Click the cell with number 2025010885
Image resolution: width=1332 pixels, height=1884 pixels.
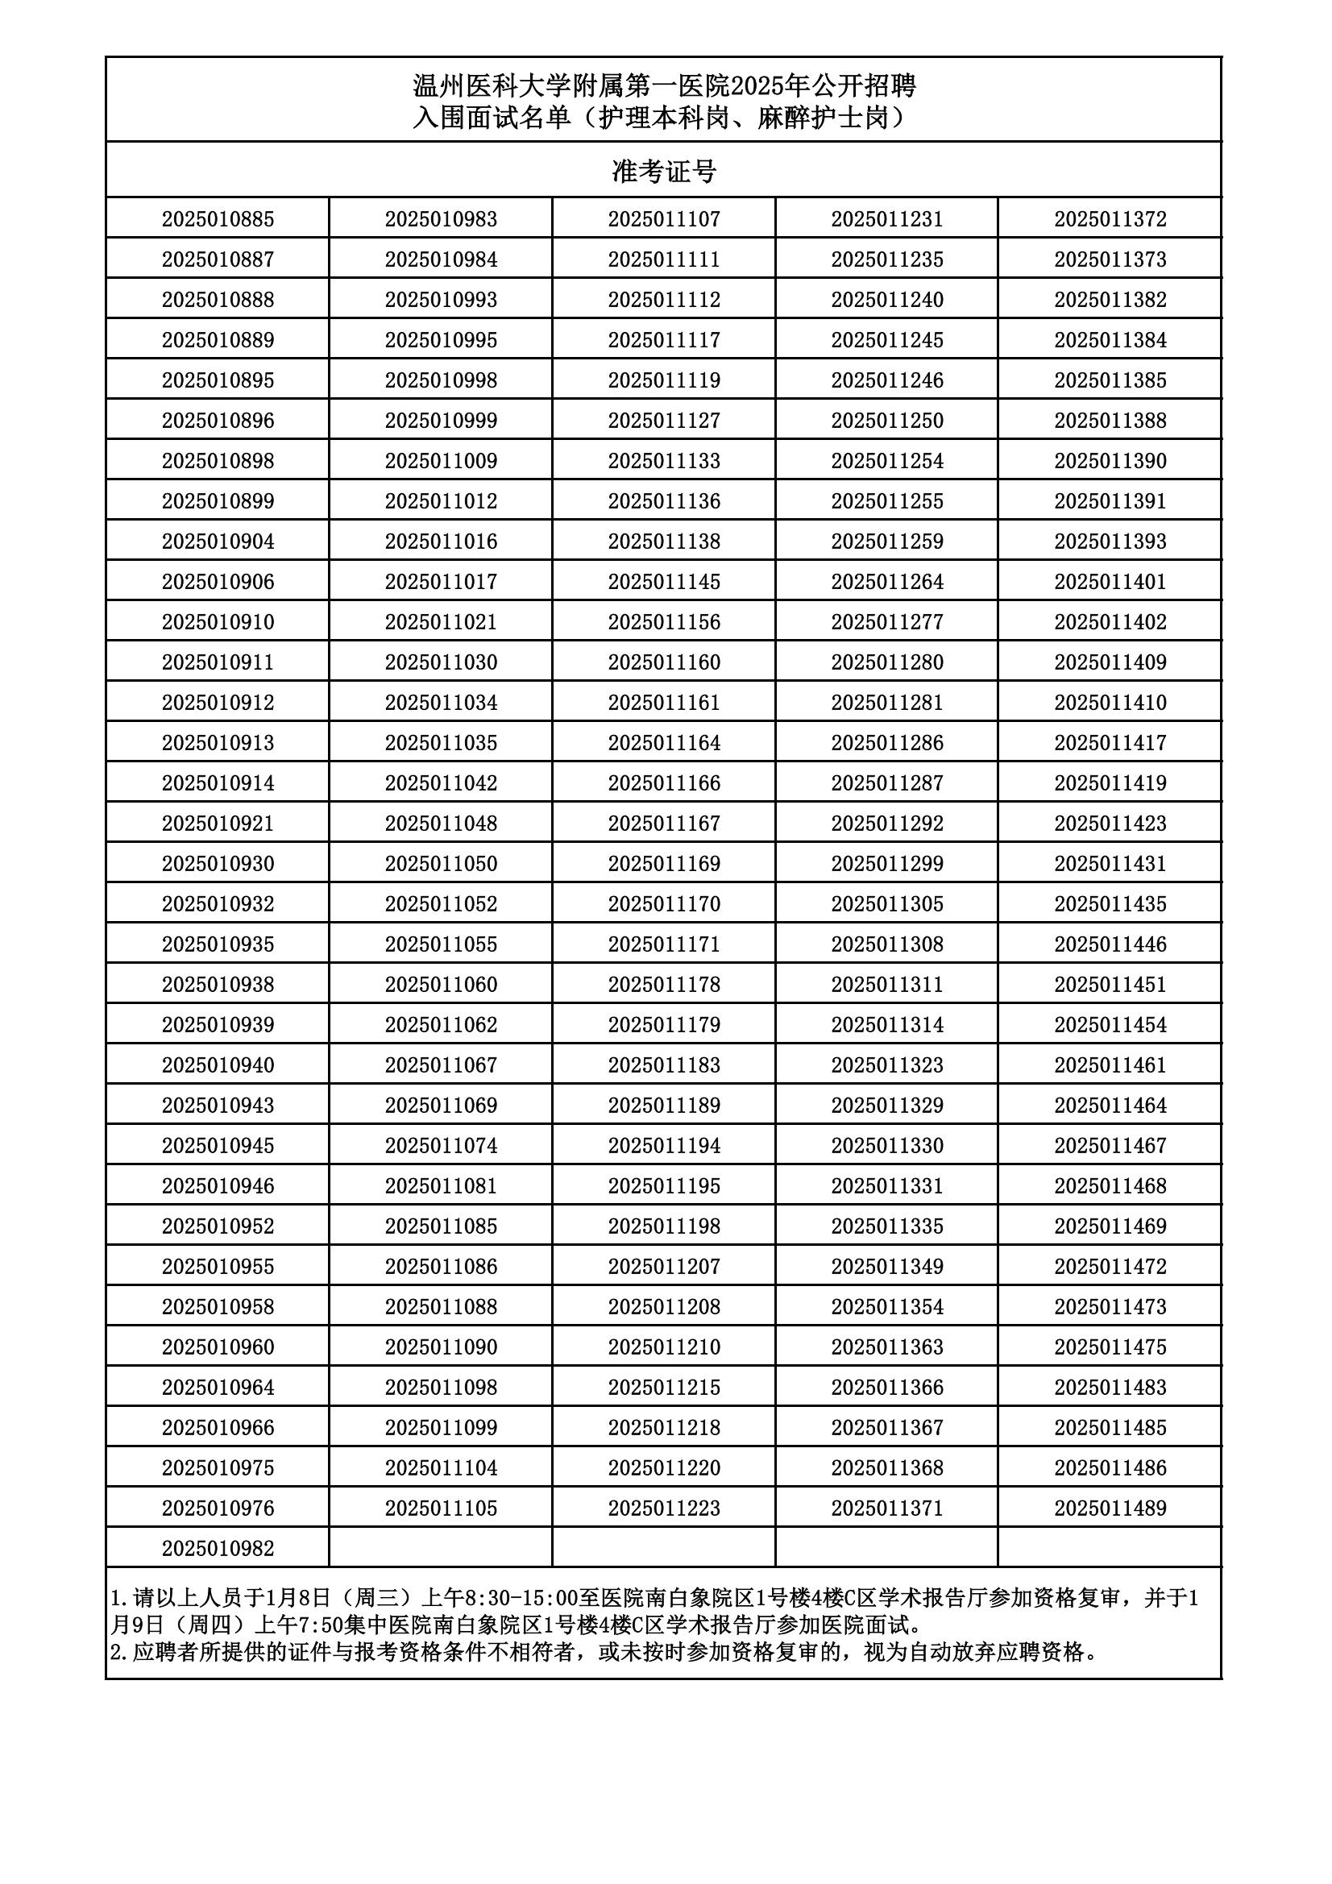218,219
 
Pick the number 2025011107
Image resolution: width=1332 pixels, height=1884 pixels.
664,219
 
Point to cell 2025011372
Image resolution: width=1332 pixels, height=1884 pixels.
1110,219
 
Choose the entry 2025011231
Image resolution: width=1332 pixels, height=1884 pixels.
886,219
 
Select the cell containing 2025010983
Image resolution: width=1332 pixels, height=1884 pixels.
441,219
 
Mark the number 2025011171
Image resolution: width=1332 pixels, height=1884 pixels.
664,944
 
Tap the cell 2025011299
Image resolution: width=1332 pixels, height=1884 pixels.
886,864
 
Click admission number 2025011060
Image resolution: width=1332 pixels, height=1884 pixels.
441,985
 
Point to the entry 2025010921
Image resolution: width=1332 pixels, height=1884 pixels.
218,824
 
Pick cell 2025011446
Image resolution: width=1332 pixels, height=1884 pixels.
1110,944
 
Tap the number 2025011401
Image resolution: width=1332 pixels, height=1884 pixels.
1110,582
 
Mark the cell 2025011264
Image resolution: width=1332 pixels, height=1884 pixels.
886,582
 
